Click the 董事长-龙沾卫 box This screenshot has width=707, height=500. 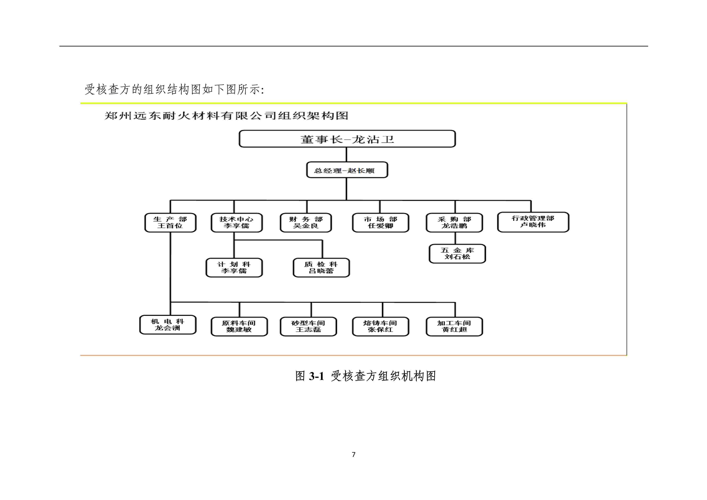tap(347, 139)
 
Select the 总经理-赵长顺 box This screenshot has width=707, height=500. tap(347, 170)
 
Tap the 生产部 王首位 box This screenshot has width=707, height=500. tap(170, 223)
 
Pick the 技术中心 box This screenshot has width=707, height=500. tap(236, 223)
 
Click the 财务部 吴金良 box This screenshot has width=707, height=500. tap(306, 223)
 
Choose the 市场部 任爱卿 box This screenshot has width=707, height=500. tap(381, 223)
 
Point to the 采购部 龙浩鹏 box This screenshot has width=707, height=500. tap(454, 223)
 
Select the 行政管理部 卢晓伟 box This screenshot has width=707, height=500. tap(533, 222)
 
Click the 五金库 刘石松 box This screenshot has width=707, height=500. tap(457, 254)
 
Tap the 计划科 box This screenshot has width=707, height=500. tap(234, 268)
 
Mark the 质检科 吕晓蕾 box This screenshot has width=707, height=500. tap(321, 268)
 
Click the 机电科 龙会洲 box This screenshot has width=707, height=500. tap(168, 325)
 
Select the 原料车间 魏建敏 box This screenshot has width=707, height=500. tap(239, 326)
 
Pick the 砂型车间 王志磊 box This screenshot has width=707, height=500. tap(308, 326)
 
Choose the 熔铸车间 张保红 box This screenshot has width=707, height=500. tap(381, 326)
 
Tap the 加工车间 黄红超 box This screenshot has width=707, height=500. tap(454, 326)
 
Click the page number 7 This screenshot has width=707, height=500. tap(354, 454)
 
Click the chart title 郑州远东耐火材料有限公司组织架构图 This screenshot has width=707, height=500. tap(226, 116)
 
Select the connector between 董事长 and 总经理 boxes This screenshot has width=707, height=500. tap(346, 155)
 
